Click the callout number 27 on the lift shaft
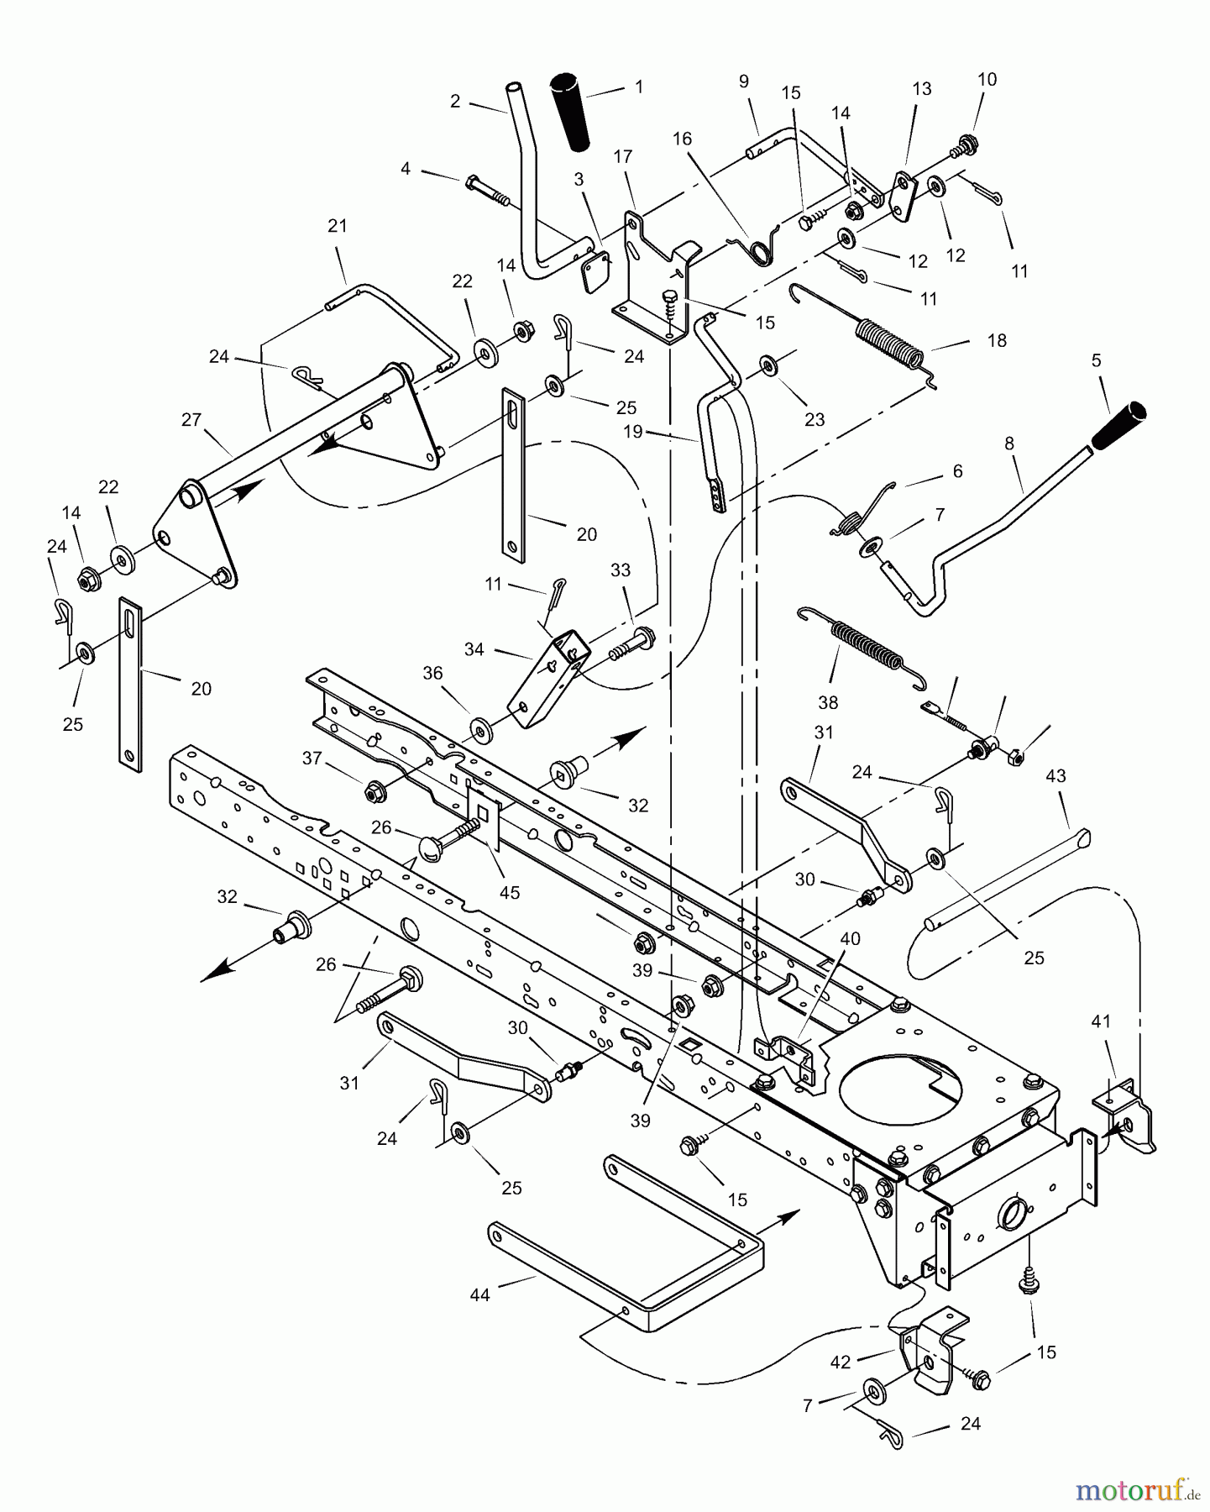point(191,419)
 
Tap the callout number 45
point(510,892)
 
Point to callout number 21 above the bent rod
point(337,226)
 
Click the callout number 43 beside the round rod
point(1055,776)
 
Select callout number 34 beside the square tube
point(474,649)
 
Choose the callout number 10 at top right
point(987,79)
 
